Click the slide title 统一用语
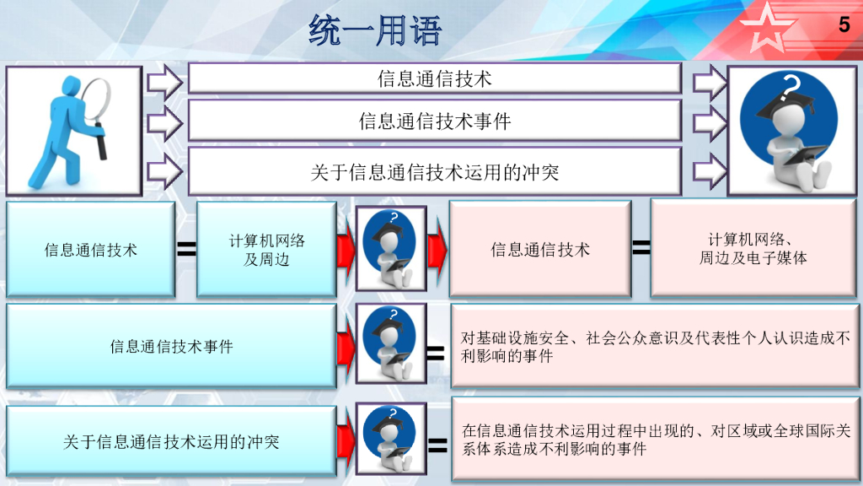375,31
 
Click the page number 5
844,25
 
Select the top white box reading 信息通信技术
434,78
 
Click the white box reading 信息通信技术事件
434,121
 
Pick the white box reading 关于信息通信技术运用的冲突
434,172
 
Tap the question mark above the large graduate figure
791,85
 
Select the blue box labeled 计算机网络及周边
266,250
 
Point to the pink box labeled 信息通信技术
540,250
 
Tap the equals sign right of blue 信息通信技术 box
186,249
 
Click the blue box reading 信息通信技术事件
171,346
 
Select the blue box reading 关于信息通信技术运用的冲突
171,441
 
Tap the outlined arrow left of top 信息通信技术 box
164,82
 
